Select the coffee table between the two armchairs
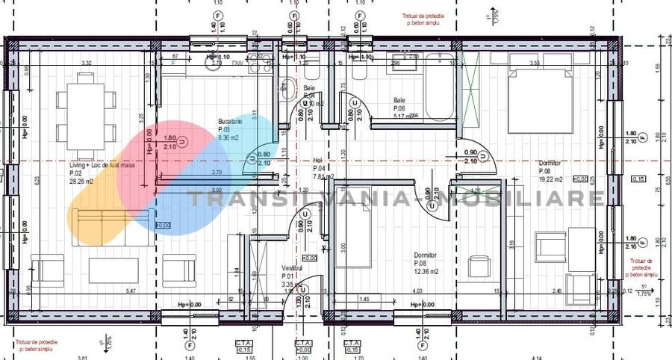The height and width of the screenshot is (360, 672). tap(113, 270)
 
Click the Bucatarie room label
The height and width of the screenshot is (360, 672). tap(230, 121)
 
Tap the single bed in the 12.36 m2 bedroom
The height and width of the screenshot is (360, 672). tap(353, 227)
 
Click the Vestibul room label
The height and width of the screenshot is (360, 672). tap(292, 267)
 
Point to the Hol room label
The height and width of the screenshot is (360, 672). tap(317, 160)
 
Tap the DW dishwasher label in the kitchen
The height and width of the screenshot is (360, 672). tap(237, 63)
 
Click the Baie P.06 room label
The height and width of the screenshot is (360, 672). tap(399, 100)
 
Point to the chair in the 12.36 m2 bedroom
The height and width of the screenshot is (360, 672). tap(478, 266)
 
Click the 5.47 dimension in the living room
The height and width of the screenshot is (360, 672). tap(132, 291)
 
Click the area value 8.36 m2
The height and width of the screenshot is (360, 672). tap(228, 138)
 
